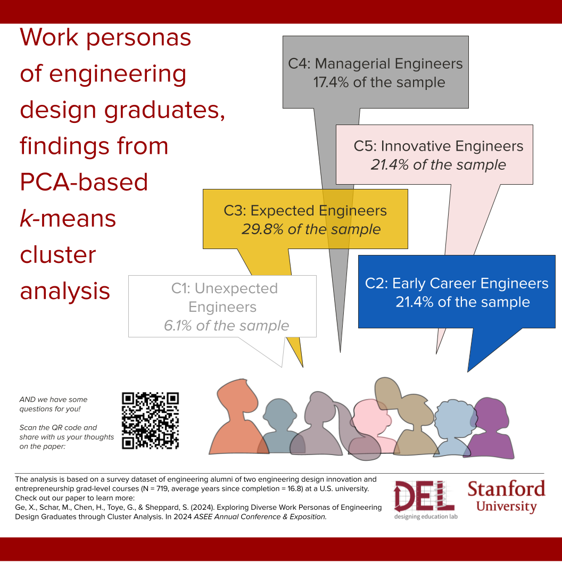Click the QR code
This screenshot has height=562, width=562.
click(x=150, y=421)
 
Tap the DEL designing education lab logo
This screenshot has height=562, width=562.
click(x=425, y=500)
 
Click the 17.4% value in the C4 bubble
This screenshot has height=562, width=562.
click(x=331, y=82)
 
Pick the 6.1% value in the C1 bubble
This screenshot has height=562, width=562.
click(x=178, y=326)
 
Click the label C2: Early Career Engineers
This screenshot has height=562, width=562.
click(x=457, y=284)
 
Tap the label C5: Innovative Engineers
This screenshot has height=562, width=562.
click(x=439, y=146)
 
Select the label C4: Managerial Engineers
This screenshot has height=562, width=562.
click(x=375, y=64)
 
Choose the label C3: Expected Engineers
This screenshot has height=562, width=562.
click(x=305, y=211)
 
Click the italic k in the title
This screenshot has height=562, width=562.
click(x=26, y=218)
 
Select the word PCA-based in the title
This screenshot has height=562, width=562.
click(x=84, y=182)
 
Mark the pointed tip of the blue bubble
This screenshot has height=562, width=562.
click(x=468, y=371)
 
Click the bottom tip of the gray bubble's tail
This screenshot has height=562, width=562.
click(x=340, y=352)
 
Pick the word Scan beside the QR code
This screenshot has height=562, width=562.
click(x=27, y=427)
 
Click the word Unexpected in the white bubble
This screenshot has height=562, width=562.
click(x=236, y=288)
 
